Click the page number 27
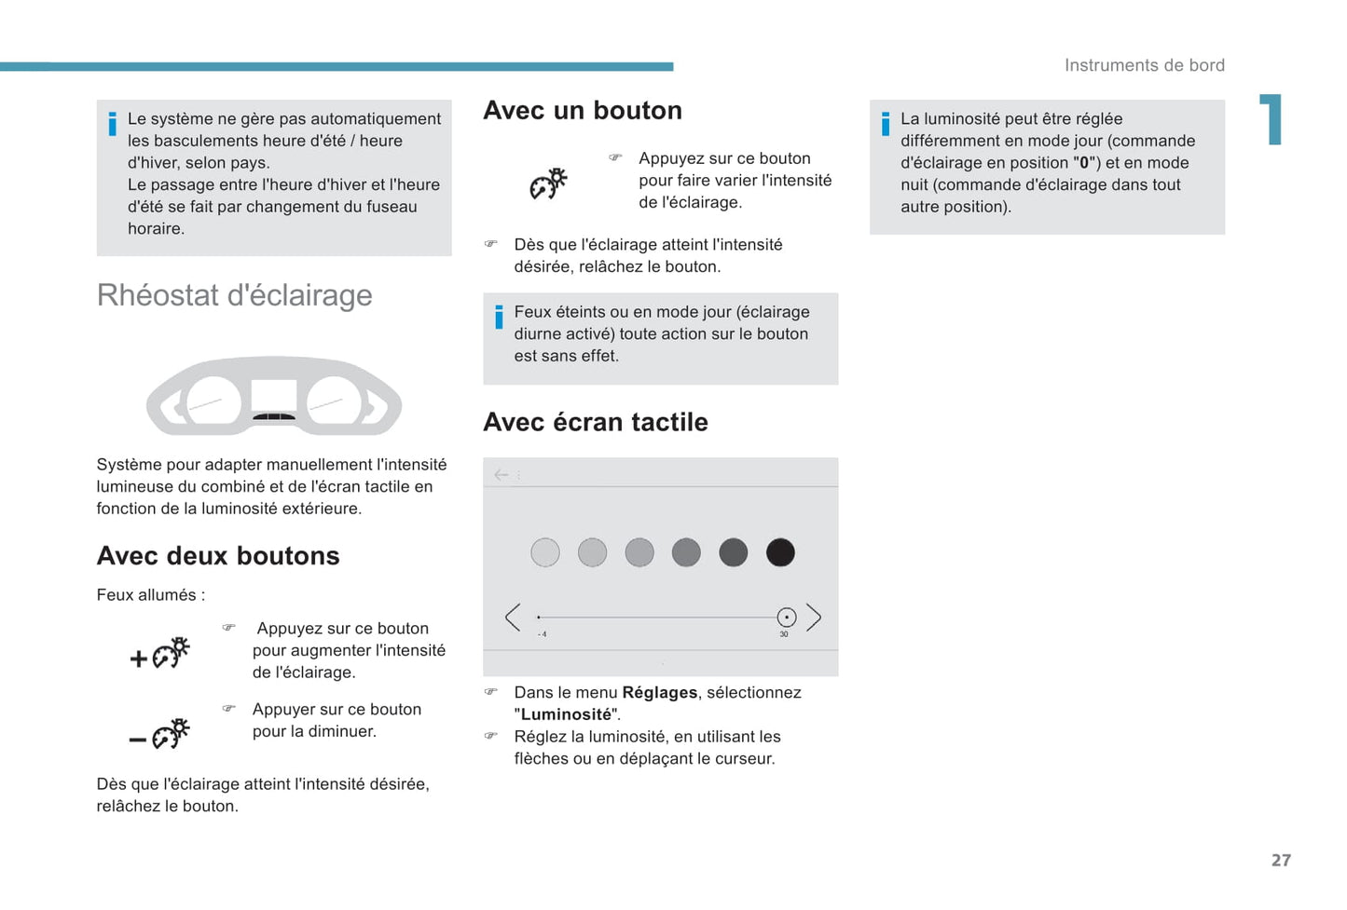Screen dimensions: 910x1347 pos(1281,861)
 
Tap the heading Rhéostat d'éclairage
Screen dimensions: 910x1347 pos(234,295)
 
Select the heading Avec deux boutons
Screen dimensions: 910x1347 pos(218,556)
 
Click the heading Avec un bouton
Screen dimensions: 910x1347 pos(583,111)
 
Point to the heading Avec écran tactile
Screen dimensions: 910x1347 pos(596,423)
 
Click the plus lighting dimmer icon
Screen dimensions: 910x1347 pos(160,654)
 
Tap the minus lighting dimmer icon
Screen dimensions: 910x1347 pos(160,735)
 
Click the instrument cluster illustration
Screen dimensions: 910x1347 pos(274,397)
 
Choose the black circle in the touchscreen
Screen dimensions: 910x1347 pos(780,552)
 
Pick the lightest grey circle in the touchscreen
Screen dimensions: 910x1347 pos(545,552)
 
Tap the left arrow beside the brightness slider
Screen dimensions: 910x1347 pos(513,617)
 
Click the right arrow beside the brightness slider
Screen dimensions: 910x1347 pos(814,617)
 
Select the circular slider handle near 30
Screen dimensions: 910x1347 pos(787,617)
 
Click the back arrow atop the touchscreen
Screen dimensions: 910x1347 pos(502,475)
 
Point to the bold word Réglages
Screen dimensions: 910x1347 pos(659,693)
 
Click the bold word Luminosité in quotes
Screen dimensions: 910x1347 pos(566,715)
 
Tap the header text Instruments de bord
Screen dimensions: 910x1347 pos(1145,65)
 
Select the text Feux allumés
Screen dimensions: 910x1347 pos(150,595)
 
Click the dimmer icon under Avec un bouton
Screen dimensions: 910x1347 pos(549,183)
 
